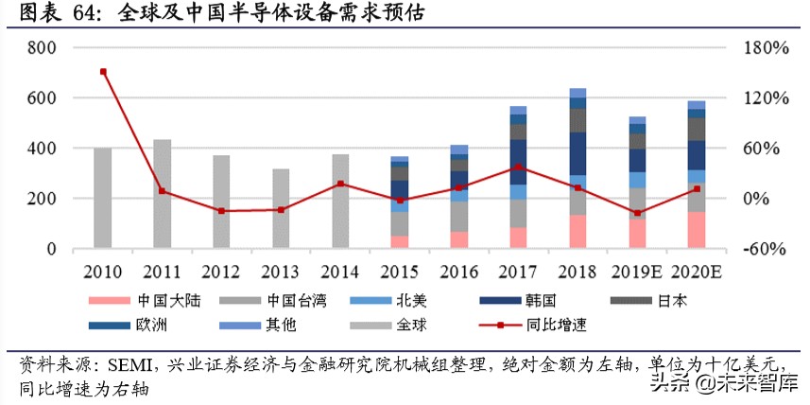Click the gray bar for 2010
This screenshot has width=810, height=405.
coord(103,199)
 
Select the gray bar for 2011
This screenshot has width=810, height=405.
coord(162,195)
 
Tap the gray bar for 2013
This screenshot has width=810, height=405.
coord(281,209)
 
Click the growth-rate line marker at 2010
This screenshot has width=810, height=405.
coord(103,72)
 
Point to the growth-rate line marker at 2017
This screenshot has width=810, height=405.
coord(518,167)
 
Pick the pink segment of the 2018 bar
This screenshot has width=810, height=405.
coord(577,232)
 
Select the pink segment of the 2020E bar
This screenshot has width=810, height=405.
coord(696,230)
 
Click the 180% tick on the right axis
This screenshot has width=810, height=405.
coord(761,47)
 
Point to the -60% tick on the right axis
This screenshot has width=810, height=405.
coord(761,250)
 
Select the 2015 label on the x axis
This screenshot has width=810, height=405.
coord(399,271)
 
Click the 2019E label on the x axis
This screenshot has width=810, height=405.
coord(637,271)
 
